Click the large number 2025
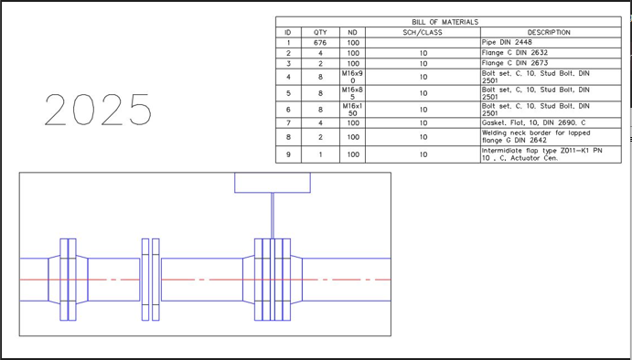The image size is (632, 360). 98,110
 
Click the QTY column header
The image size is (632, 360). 320,32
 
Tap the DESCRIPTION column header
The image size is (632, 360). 549,32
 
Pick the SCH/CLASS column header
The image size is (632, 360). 423,32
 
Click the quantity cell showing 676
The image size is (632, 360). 320,42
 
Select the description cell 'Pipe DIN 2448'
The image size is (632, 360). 508,42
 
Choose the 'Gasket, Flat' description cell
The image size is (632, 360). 534,122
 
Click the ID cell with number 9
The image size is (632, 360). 288,154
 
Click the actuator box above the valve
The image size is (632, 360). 273,182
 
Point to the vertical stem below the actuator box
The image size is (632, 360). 273,216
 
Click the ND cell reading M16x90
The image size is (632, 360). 353,76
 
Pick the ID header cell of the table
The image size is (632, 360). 288,32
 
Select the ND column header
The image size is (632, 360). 353,32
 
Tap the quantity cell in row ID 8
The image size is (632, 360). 320,137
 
